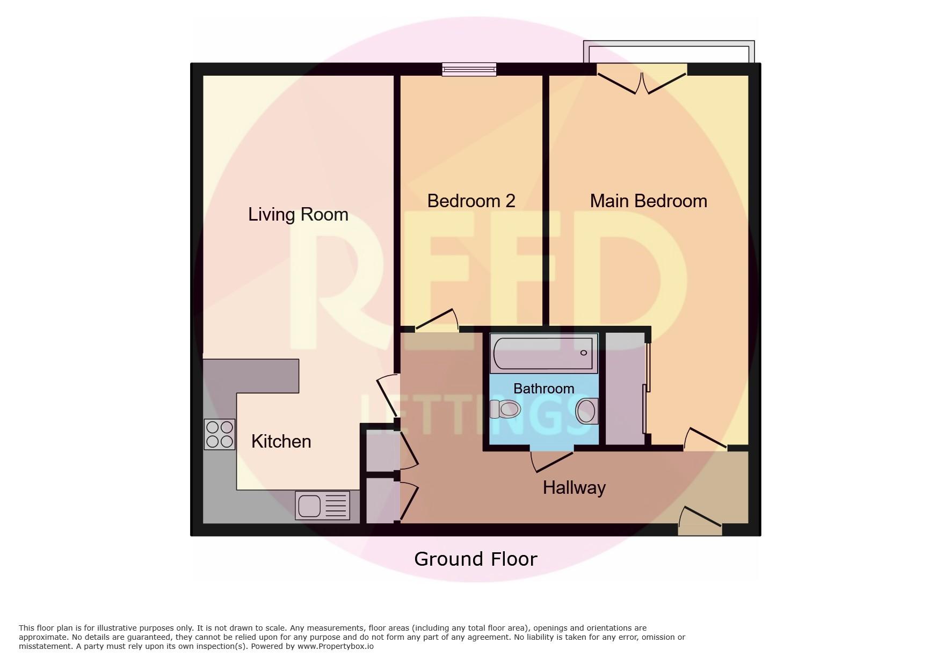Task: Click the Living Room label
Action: [x=298, y=215]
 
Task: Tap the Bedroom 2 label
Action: [x=471, y=201]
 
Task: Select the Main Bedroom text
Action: [x=648, y=201]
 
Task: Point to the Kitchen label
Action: [x=281, y=441]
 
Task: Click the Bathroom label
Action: [x=543, y=388]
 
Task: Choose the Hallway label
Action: [x=574, y=487]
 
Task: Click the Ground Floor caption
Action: [x=475, y=559]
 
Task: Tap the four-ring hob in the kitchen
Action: [x=220, y=434]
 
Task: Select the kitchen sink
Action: [x=322, y=506]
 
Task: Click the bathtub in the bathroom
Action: [x=544, y=353]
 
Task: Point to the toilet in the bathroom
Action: [x=505, y=410]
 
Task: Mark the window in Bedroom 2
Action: [x=469, y=69]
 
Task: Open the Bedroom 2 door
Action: [x=437, y=320]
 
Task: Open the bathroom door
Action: [x=551, y=461]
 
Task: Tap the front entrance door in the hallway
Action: [x=700, y=520]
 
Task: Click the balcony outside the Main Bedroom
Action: [x=669, y=52]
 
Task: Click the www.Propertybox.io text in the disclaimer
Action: [x=336, y=646]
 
